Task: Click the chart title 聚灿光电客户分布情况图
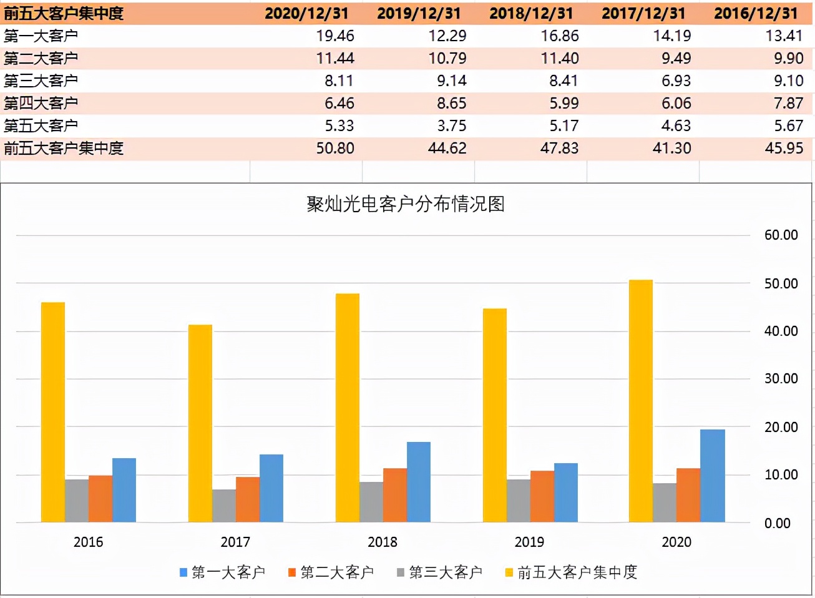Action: (x=406, y=204)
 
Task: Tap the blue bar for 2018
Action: (x=419, y=481)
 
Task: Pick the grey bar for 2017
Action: (x=224, y=506)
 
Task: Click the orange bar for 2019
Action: (x=542, y=496)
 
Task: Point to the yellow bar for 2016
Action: (x=53, y=412)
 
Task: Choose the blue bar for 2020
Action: (x=712, y=476)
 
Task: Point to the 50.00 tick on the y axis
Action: (x=781, y=283)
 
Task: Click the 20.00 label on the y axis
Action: (x=781, y=427)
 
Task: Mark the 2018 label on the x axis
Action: (x=383, y=542)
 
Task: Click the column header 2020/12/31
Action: (x=306, y=13)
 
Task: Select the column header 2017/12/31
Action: (x=643, y=13)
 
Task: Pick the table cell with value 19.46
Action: (x=335, y=36)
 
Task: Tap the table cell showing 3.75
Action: (x=451, y=125)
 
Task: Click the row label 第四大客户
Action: (x=41, y=103)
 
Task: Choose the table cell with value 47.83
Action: (x=559, y=148)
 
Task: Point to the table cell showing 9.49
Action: (x=676, y=58)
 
